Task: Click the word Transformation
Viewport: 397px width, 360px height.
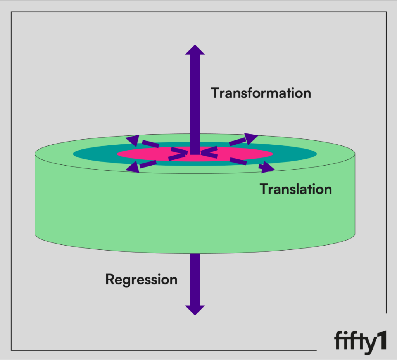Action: tap(261, 93)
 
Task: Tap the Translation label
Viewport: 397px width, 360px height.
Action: tap(296, 189)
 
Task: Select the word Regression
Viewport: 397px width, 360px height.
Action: tap(141, 280)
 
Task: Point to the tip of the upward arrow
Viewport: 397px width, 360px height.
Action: tap(195, 45)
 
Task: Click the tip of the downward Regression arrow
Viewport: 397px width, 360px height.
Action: tap(195, 315)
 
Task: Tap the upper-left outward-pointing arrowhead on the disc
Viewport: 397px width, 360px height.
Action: tap(133, 140)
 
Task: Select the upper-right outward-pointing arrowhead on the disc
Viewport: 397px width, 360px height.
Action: tap(251, 138)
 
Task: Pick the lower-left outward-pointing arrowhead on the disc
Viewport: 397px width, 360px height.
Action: tap(133, 168)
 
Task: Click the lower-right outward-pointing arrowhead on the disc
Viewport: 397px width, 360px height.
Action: tap(268, 167)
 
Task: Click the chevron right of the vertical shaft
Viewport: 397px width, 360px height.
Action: tap(209, 152)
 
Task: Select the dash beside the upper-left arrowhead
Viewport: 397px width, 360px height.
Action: tap(150, 144)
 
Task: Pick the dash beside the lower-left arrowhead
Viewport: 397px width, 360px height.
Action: tap(148, 164)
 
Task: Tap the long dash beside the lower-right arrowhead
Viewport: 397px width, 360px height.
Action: tap(238, 161)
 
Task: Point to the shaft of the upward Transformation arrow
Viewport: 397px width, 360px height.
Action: tap(195, 104)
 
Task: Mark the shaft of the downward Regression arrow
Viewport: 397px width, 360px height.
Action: tap(195, 280)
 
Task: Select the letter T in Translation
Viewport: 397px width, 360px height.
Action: tap(264, 189)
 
